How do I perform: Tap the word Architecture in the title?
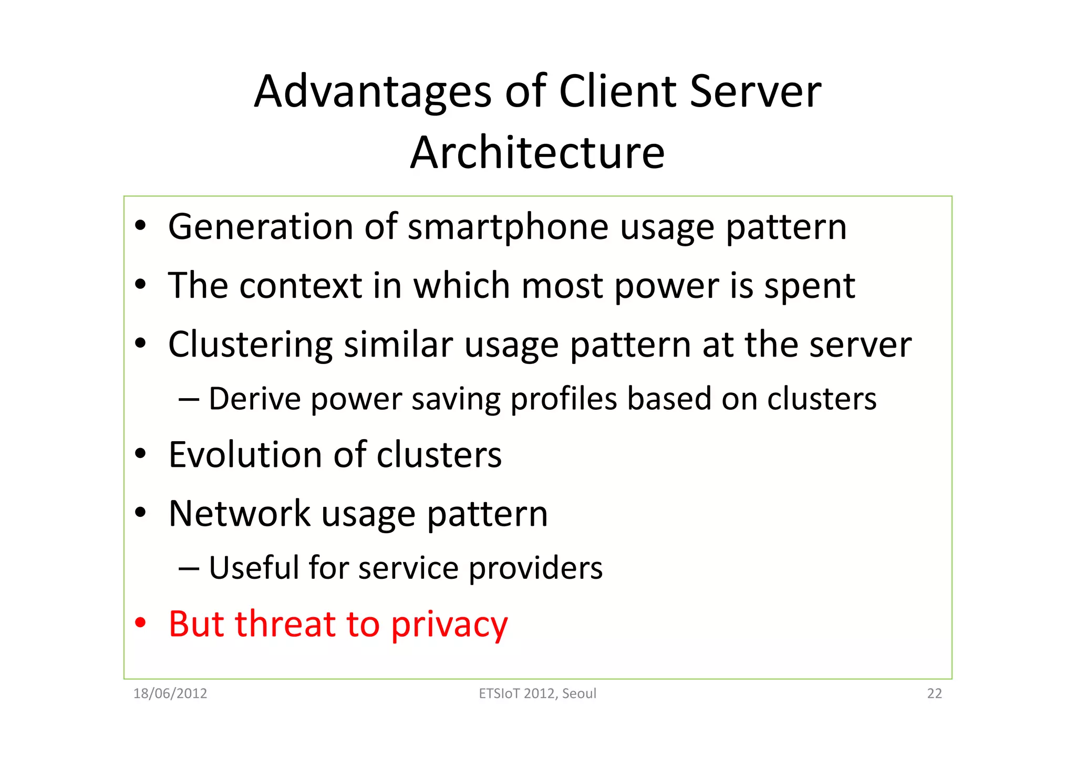point(537,153)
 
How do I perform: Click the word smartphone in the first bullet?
point(508,228)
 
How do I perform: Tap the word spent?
point(809,287)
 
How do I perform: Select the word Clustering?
point(250,346)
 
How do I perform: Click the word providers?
point(535,569)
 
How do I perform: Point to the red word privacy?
point(449,626)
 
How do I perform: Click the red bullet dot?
point(140,623)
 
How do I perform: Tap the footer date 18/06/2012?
point(170,694)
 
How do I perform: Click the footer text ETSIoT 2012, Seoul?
point(537,694)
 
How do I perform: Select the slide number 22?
point(934,694)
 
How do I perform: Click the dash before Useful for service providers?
point(189,569)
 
